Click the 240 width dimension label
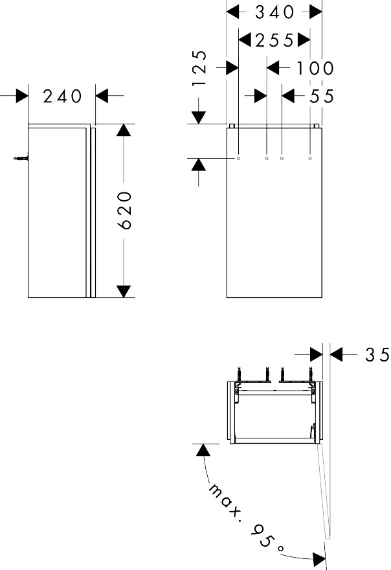[63, 96]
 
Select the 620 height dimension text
[126, 209]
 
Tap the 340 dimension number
[274, 12]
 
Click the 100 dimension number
[315, 67]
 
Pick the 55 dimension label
[322, 96]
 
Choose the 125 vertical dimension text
[199, 69]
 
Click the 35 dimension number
[377, 354]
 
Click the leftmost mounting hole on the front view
[239, 157]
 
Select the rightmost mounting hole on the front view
[310, 157]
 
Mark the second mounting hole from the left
[267, 157]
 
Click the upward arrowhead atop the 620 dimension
[124, 130]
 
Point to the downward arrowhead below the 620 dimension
[124, 291]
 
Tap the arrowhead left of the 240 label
[22, 96]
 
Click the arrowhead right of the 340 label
[315, 12]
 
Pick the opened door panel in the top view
[324, 492]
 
